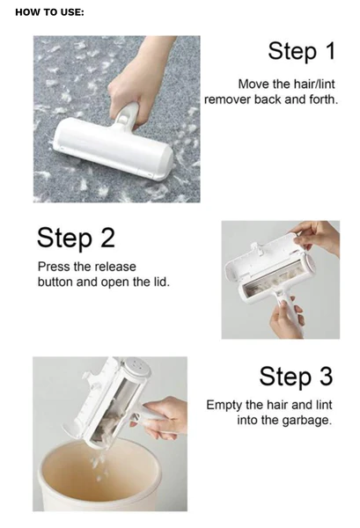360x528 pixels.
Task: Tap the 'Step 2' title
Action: coord(76,238)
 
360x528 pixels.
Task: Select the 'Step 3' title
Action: coord(296,376)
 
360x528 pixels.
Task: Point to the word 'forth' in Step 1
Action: coord(320,99)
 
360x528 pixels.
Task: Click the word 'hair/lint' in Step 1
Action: coord(312,83)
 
